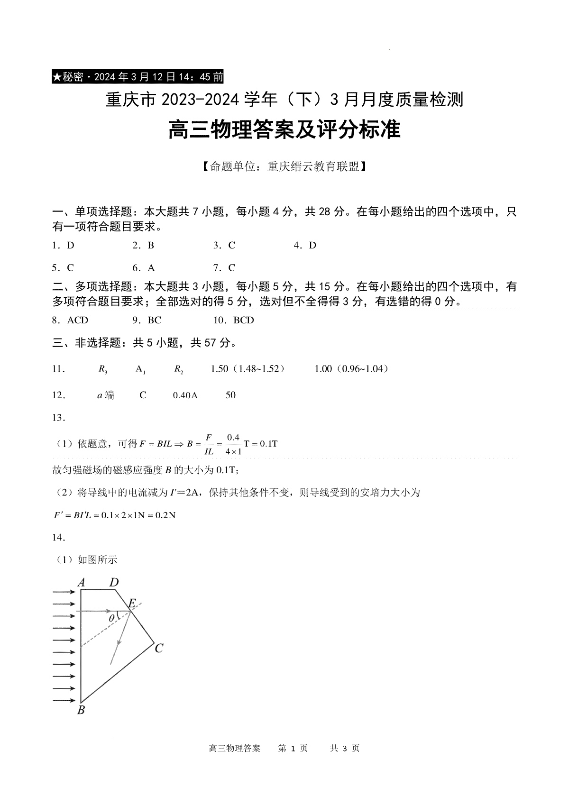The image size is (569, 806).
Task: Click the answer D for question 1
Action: pos(71,246)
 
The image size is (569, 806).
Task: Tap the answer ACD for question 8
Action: pos(78,321)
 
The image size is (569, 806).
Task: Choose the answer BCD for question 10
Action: pos(244,321)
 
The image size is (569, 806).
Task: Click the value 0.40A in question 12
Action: pos(185,395)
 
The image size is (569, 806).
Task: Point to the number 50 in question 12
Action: pos(230,395)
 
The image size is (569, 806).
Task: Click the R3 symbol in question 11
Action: pos(103,369)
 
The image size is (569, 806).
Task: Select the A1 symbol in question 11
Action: pos(140,369)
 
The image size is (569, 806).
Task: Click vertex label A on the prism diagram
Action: pos(81,583)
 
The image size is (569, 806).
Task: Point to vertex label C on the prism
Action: pos(159,648)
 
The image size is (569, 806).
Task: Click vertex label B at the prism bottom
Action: pos(81,710)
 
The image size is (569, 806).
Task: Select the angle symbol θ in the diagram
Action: pos(111,618)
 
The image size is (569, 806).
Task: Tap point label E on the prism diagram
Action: pos(132,603)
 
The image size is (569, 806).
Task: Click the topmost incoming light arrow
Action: pos(64,592)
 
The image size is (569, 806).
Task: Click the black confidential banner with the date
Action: pos(138,77)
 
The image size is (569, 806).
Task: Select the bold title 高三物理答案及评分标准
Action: pos(284,130)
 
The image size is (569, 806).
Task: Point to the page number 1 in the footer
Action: pos(293,749)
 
